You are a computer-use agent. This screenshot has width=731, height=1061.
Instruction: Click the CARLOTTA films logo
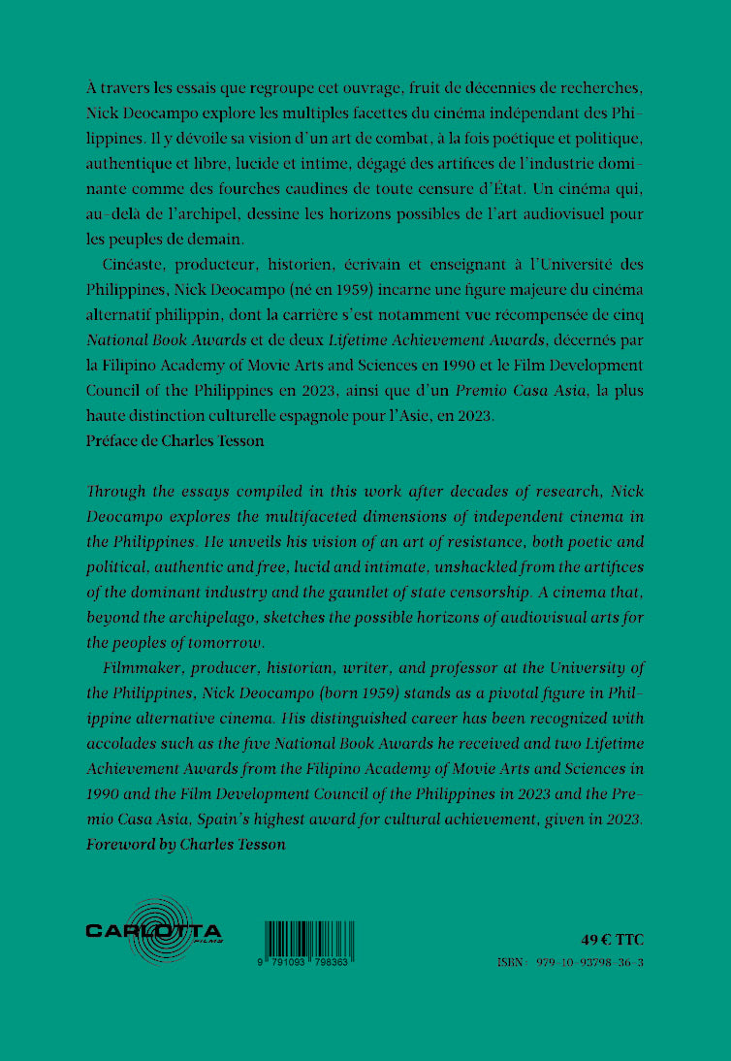point(154,932)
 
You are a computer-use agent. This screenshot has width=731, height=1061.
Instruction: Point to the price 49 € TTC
point(612,939)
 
